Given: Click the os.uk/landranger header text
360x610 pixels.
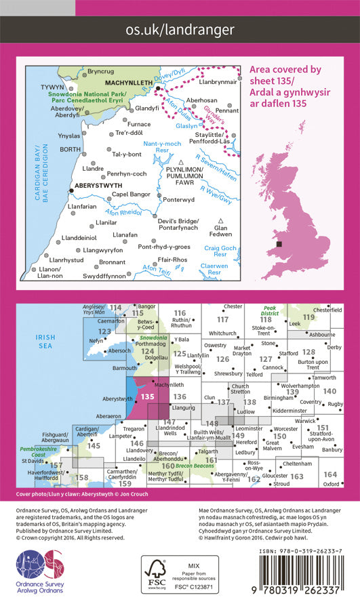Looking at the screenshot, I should point(180,29).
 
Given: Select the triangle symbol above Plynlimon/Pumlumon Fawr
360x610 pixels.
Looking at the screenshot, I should point(182,163).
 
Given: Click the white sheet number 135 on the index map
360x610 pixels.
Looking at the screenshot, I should point(148,396).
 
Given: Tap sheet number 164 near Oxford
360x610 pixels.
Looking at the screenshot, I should point(330,474).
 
